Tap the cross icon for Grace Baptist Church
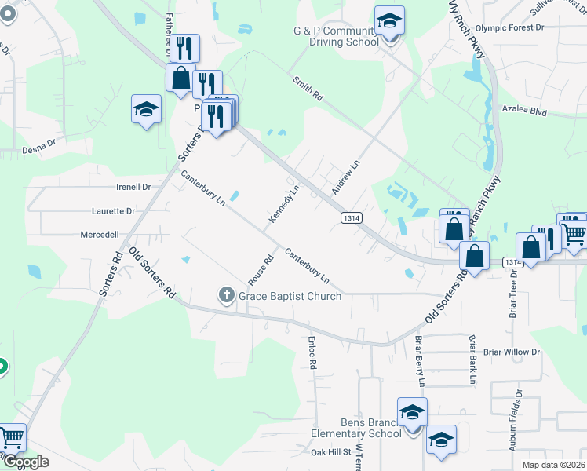(x=226, y=295)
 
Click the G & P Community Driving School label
(x=336, y=36)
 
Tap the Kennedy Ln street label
(x=285, y=203)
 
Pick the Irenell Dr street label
(x=133, y=187)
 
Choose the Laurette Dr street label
(x=113, y=211)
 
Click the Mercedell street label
(x=100, y=235)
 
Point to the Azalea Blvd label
(x=527, y=112)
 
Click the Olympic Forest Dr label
(x=509, y=27)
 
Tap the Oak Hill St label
(x=330, y=452)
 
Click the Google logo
(x=26, y=462)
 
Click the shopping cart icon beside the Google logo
(x=12, y=437)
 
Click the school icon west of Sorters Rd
(x=146, y=110)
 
